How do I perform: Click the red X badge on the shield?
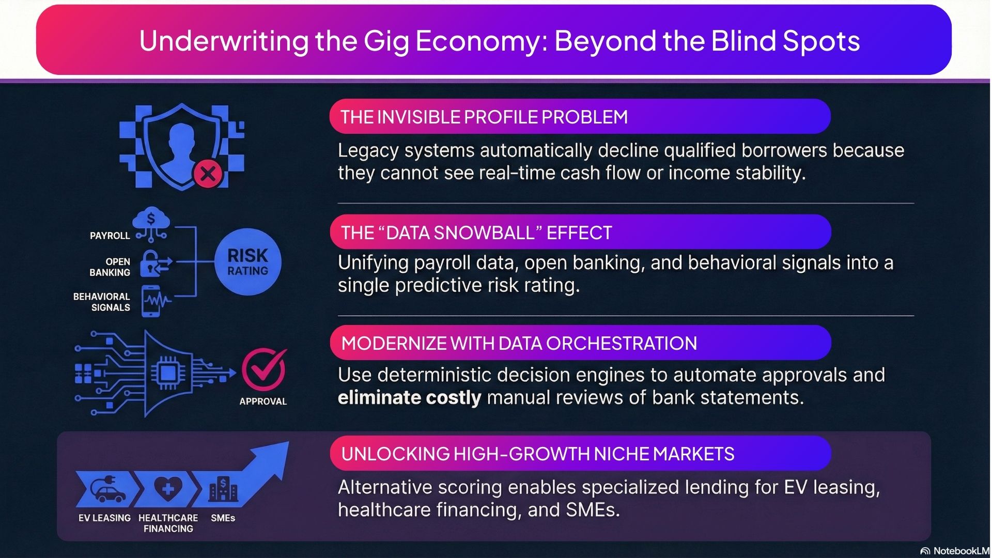(x=208, y=174)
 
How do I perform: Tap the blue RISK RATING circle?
(x=248, y=262)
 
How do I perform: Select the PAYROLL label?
(x=110, y=236)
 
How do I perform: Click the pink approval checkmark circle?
(x=263, y=370)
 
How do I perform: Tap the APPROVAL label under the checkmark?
(x=263, y=401)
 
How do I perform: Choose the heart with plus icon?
(x=168, y=488)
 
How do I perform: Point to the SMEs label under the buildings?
(x=223, y=518)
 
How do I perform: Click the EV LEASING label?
(x=104, y=518)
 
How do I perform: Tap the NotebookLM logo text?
(x=959, y=551)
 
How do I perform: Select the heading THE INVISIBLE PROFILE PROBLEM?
(x=484, y=117)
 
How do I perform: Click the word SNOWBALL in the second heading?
(x=460, y=233)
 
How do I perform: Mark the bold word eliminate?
(x=379, y=398)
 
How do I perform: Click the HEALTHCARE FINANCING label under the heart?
(x=168, y=523)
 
